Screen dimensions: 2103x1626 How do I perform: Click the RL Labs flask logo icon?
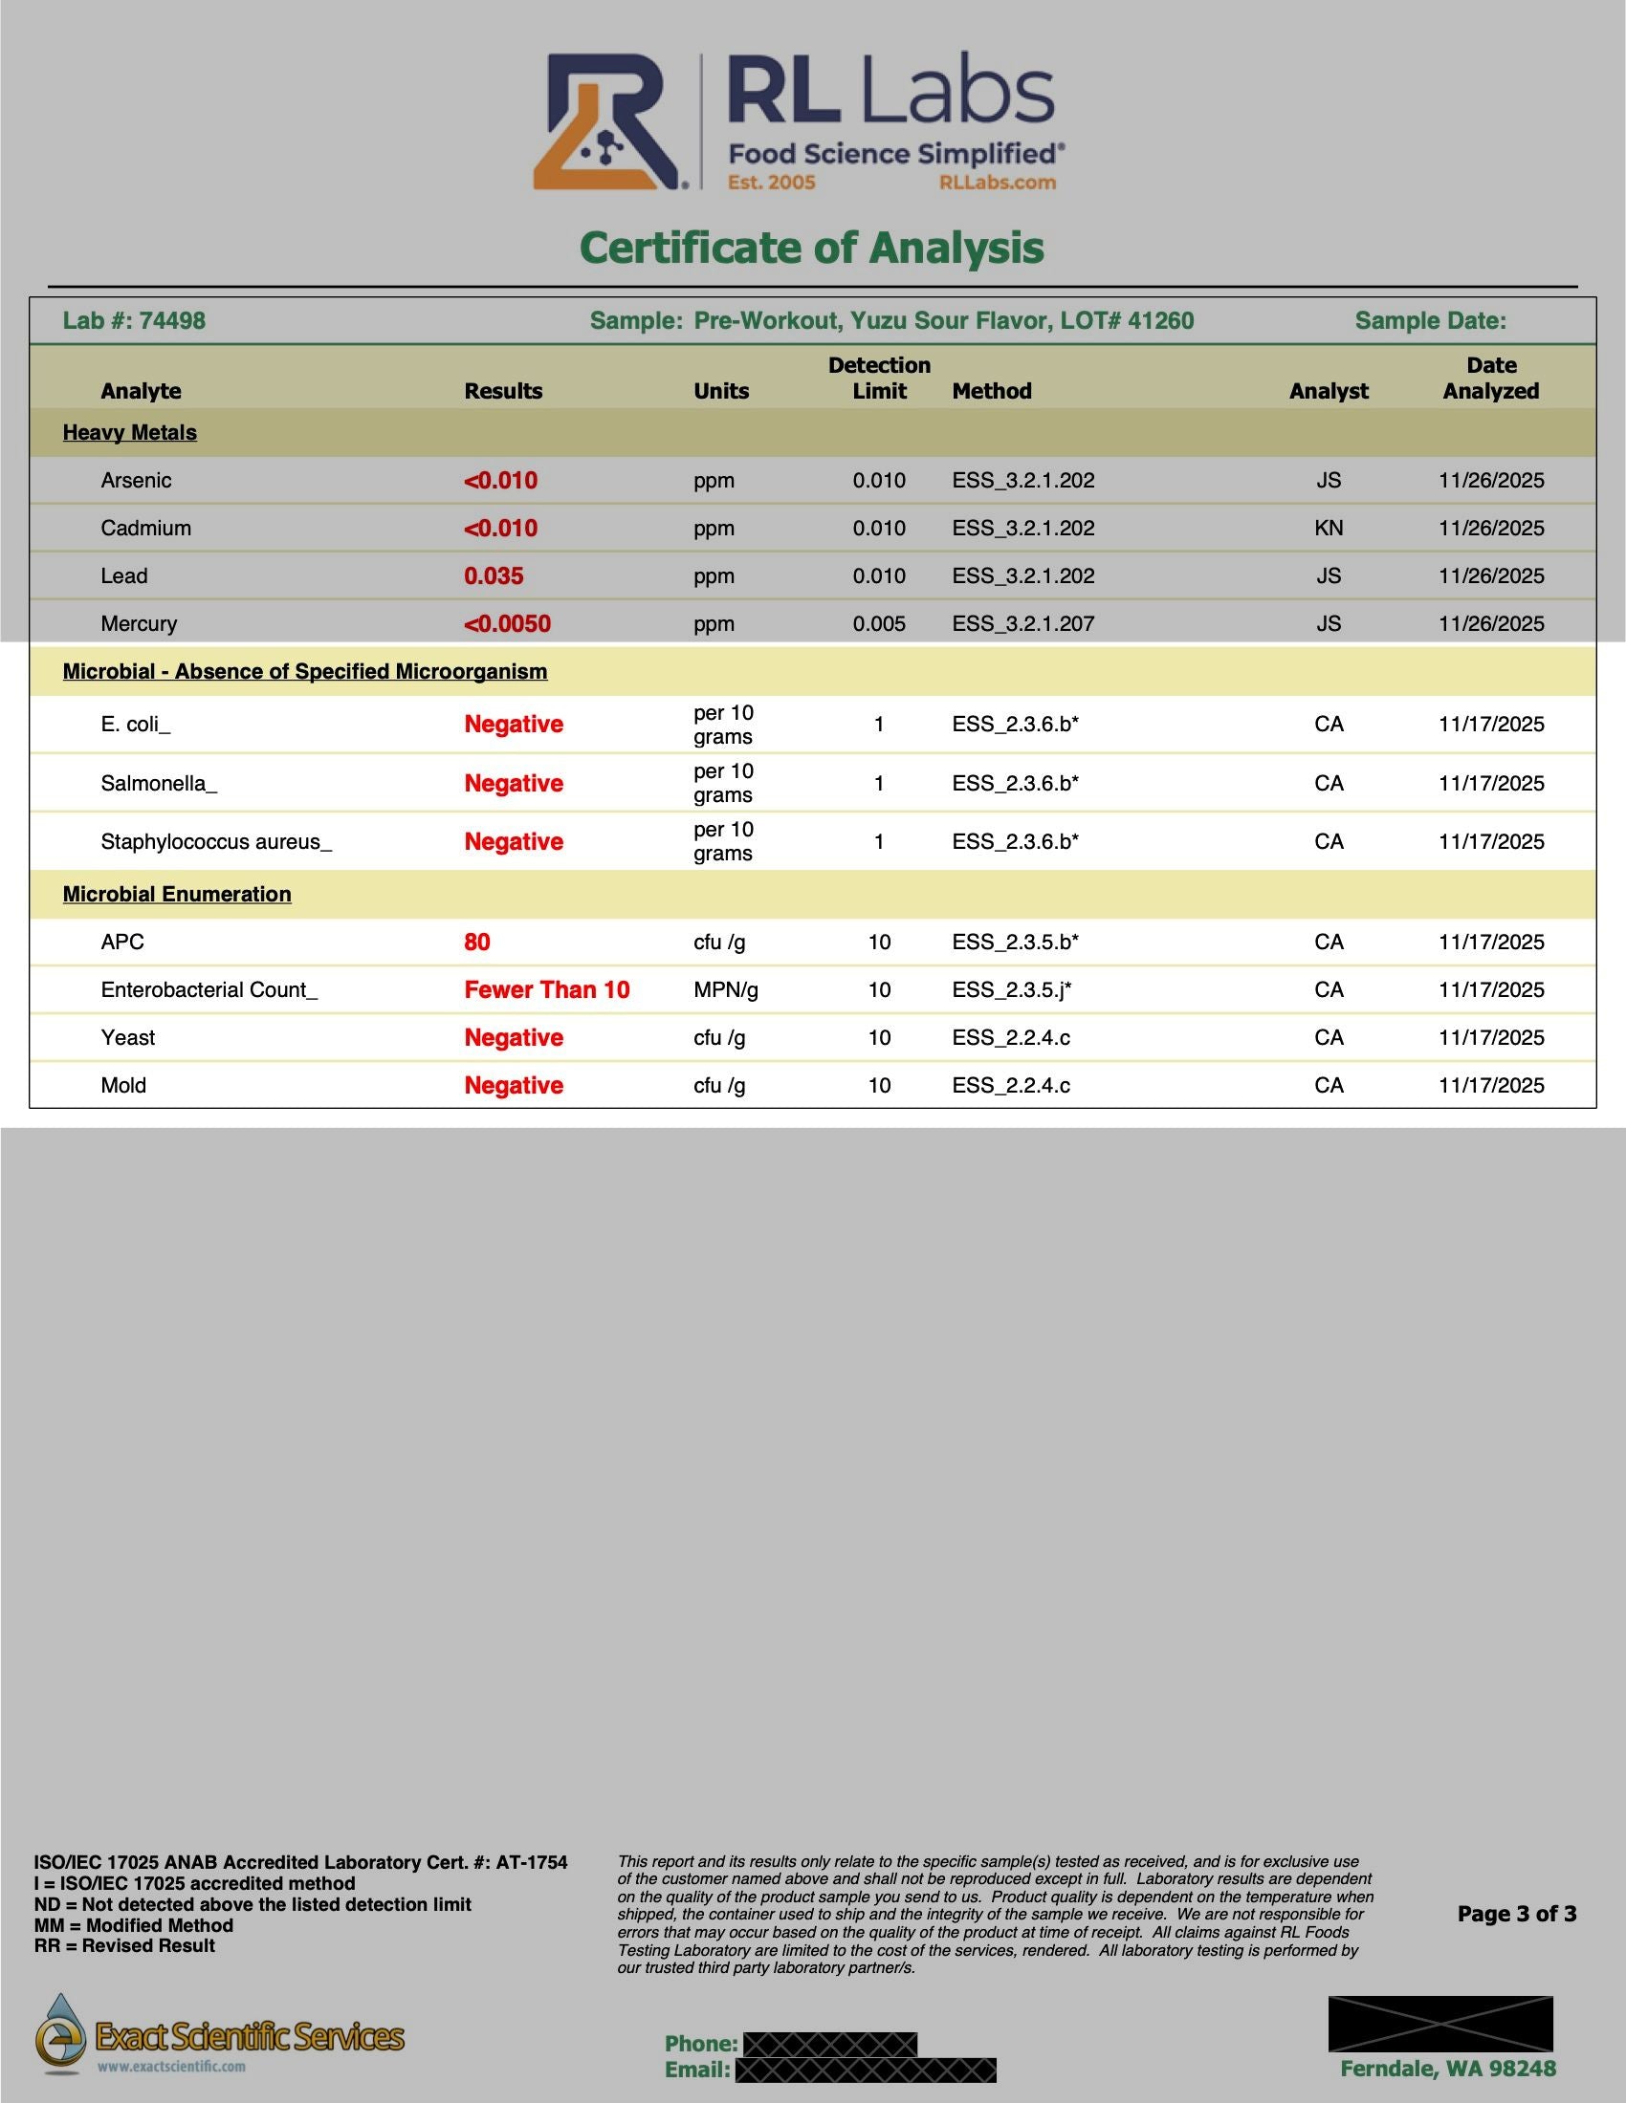[x=606, y=122]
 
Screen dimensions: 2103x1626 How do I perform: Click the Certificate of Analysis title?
[x=812, y=248]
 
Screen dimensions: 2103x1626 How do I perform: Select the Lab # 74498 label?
[x=134, y=320]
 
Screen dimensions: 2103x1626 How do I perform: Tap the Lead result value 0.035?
[x=494, y=575]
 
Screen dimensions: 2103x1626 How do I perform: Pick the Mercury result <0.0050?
[x=507, y=624]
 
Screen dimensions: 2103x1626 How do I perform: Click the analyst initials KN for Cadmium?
[x=1329, y=528]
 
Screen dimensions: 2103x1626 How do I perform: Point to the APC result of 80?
[x=477, y=942]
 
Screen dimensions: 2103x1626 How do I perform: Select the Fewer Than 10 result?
[x=546, y=990]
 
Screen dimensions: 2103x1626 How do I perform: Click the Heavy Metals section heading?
[x=129, y=432]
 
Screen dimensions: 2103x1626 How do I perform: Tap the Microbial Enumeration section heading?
[x=176, y=894]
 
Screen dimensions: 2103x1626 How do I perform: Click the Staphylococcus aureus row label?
[x=216, y=841]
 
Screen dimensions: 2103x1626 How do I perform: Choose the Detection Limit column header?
[x=878, y=378]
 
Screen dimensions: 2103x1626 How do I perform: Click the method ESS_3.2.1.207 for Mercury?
[x=1023, y=624]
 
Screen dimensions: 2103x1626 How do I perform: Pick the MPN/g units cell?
[x=725, y=990]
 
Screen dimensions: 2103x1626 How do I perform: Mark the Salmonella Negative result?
[x=514, y=783]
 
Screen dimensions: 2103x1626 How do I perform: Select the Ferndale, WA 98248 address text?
[x=1448, y=2069]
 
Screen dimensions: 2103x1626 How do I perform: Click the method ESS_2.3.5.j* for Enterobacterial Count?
[x=1011, y=990]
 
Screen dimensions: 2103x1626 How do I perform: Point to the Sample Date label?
[x=1430, y=320]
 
